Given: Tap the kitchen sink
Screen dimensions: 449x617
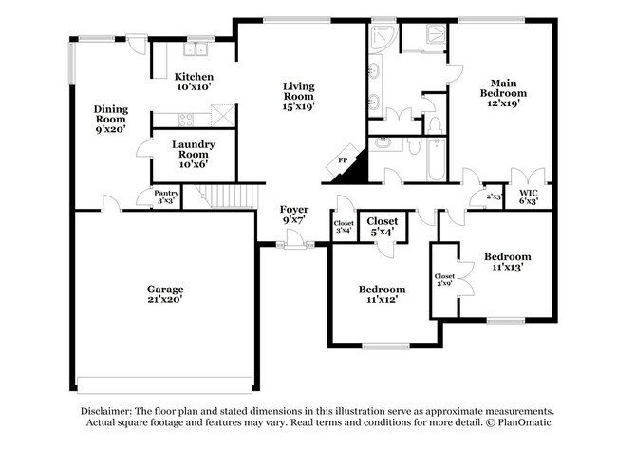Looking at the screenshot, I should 197,50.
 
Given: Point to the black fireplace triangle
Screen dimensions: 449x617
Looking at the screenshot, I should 354,170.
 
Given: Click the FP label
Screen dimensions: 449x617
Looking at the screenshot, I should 342,160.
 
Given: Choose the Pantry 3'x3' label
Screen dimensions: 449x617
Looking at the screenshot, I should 167,196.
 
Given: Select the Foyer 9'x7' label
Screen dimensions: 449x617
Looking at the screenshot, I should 293,215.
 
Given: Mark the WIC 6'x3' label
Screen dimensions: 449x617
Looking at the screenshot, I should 529,196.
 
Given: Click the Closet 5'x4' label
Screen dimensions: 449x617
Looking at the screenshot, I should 382,226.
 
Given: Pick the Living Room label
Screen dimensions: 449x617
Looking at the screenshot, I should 298,96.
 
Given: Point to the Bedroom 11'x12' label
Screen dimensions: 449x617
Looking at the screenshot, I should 382,294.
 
